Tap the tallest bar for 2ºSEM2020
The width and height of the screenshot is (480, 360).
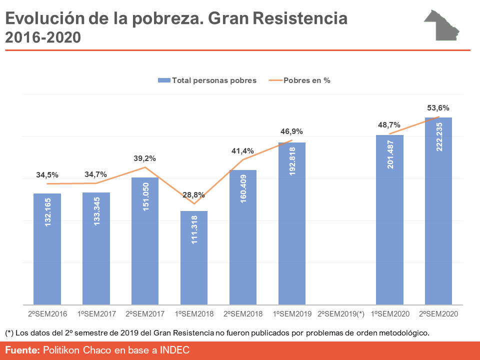click(438, 210)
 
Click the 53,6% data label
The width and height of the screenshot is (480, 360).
click(438, 107)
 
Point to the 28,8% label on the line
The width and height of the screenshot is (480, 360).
click(193, 195)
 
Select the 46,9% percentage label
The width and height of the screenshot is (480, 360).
click(291, 131)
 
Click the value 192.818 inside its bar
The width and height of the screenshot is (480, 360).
click(292, 160)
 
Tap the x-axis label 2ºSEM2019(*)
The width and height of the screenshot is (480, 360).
click(340, 314)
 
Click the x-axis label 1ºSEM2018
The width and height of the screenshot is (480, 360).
click(193, 314)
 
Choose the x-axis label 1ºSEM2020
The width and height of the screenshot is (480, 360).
click(389, 314)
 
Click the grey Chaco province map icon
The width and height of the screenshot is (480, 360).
click(442, 25)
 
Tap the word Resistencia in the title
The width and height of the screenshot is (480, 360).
click(300, 19)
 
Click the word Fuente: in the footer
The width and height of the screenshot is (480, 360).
click(22, 350)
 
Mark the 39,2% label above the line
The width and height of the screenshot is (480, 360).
click(145, 158)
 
